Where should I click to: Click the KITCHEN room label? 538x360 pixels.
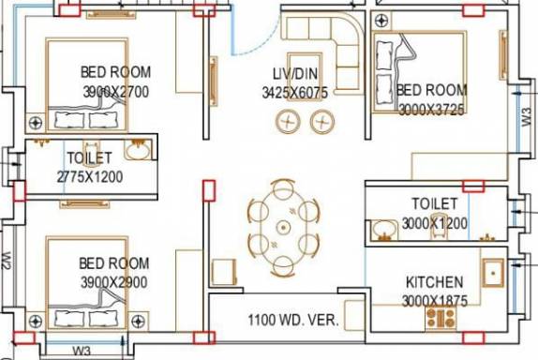click(x=434, y=282)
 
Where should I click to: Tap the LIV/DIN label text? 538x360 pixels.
click(x=295, y=74)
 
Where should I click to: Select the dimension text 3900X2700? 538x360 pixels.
click(x=116, y=92)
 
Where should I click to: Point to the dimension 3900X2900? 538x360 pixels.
click(x=114, y=282)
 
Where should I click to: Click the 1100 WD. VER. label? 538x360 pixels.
click(x=293, y=320)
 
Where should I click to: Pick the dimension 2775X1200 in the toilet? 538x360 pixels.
click(x=90, y=177)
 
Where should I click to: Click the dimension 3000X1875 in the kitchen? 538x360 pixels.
click(x=434, y=301)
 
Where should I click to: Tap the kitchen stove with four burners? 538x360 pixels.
click(x=441, y=318)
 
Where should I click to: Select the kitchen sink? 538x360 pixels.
click(x=493, y=273)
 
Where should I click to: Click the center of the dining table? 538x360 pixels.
click(x=283, y=228)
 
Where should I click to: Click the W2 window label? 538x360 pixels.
click(x=7, y=261)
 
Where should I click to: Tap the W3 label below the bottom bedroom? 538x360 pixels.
click(x=82, y=351)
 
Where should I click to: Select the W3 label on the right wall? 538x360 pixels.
click(x=527, y=117)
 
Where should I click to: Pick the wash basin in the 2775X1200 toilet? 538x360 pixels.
click(x=138, y=150)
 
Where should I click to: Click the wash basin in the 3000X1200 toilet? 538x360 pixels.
click(x=383, y=229)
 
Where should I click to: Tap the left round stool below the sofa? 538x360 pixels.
click(x=288, y=122)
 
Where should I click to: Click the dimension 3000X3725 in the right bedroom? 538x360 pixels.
click(x=432, y=110)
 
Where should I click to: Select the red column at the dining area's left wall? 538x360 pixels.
click(x=209, y=190)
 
